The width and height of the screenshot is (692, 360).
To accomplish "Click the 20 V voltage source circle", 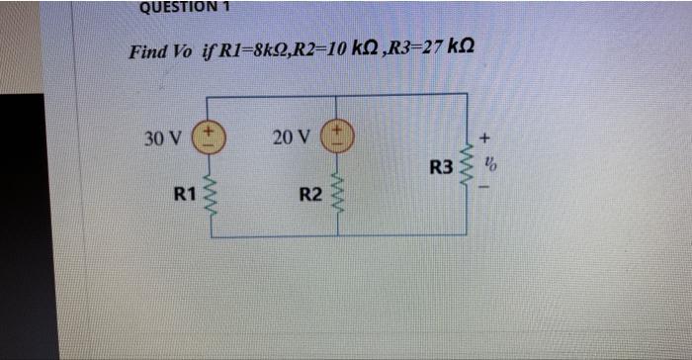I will click(339, 136).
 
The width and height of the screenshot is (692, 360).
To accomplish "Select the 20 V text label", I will click(290, 136).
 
